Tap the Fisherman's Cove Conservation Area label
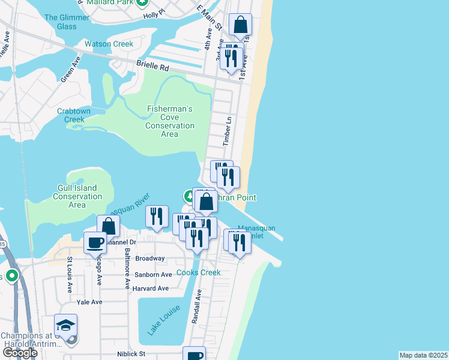(x=170, y=122)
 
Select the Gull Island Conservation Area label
(x=77, y=196)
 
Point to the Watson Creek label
(x=109, y=44)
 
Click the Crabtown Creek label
(x=74, y=115)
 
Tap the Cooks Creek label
(x=199, y=272)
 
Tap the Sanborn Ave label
(x=153, y=275)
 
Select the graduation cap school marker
(x=65, y=325)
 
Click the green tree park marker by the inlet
(x=188, y=196)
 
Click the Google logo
(x=20, y=353)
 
